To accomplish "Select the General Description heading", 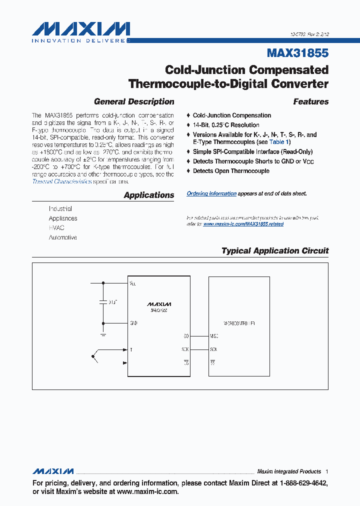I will point(134,101).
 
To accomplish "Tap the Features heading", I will point(310,101).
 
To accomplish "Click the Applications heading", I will point(149,195).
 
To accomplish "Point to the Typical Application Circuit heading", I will point(275,250).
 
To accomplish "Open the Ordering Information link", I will point(211,193).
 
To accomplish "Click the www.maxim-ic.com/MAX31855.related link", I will point(243,224).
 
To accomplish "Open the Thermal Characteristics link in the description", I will point(62,181).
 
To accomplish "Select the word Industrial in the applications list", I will point(60,208).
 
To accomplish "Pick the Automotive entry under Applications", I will point(62,237).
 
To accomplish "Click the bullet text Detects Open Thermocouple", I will point(231,171).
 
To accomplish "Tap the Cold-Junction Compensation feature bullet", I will point(232,115).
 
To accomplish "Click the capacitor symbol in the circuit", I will point(103,302).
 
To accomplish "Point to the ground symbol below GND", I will point(103,333).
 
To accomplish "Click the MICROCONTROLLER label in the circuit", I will point(232,323).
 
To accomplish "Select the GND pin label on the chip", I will point(133,323).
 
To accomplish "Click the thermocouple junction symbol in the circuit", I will point(94,356).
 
